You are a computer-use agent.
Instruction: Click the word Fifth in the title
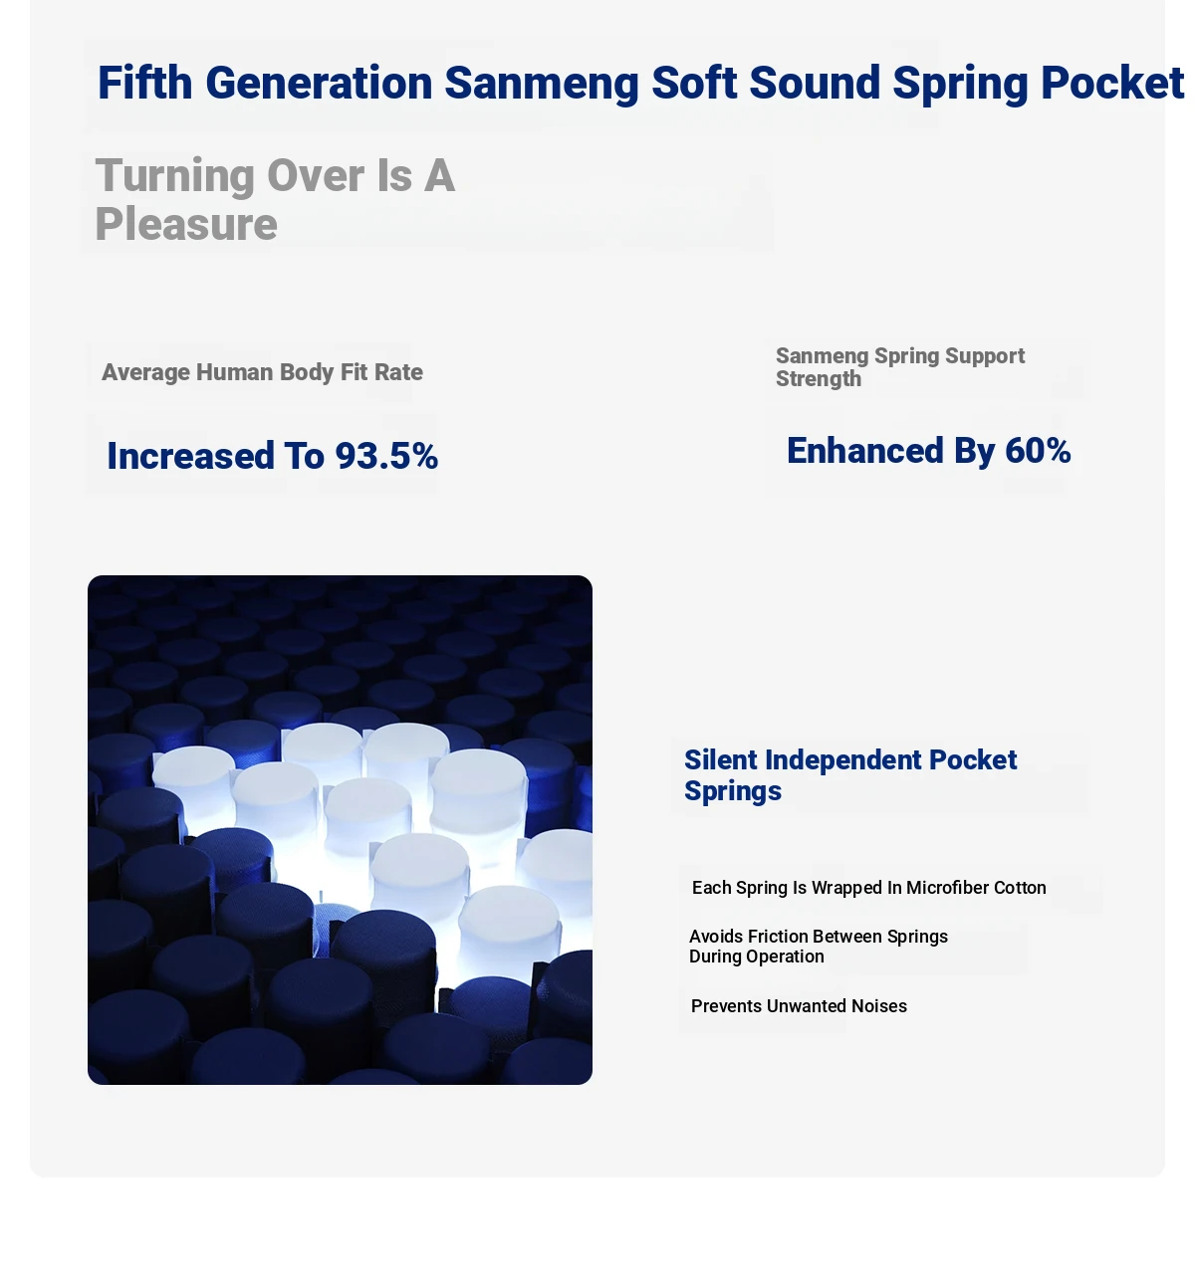pos(144,83)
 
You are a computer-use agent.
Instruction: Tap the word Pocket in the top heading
pos(1112,83)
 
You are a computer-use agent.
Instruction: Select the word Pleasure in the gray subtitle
pos(186,225)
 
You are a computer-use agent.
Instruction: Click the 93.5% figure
pos(386,456)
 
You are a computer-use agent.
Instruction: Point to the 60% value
pos(1038,451)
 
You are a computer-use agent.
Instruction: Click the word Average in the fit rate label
pos(145,372)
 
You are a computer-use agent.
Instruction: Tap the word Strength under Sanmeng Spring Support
pos(818,379)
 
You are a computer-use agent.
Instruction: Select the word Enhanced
pos(865,451)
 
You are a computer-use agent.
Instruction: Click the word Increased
pos(190,456)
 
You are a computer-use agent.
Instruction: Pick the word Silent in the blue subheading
pos(720,760)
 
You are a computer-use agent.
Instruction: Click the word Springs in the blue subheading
pos(733,791)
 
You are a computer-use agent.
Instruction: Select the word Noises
pos(879,1006)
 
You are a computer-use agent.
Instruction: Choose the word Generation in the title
pos(319,83)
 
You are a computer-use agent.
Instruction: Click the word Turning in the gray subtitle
pos(174,175)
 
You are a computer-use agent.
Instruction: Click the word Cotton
pos(1020,888)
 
